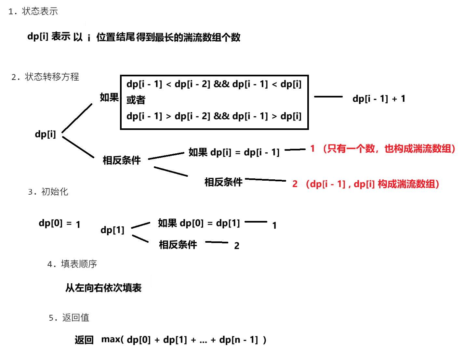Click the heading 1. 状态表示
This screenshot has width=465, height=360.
click(x=33, y=11)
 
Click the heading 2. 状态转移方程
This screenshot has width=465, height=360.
click(x=45, y=77)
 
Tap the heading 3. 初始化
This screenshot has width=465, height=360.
click(x=48, y=192)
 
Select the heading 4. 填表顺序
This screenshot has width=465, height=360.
click(x=72, y=264)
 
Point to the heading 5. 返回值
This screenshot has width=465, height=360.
click(x=69, y=317)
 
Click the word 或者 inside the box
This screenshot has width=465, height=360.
click(x=136, y=100)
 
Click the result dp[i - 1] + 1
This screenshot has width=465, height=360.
click(x=379, y=98)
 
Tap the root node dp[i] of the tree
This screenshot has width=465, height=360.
click(x=46, y=134)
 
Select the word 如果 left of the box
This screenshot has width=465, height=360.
click(x=109, y=97)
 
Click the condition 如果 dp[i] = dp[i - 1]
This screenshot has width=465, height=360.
click(x=234, y=152)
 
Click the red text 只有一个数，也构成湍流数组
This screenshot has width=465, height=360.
click(x=389, y=149)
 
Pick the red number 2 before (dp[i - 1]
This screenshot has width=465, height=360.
click(x=295, y=184)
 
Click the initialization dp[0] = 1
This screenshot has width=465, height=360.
click(x=60, y=224)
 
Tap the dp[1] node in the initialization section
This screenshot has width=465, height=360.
click(x=113, y=230)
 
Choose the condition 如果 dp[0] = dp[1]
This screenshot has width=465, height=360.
click(x=199, y=223)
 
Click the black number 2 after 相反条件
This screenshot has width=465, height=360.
click(x=237, y=246)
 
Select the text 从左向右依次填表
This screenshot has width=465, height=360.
click(x=103, y=288)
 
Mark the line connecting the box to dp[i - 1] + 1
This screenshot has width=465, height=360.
click(x=328, y=96)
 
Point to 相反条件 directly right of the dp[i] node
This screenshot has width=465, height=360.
click(x=122, y=160)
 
